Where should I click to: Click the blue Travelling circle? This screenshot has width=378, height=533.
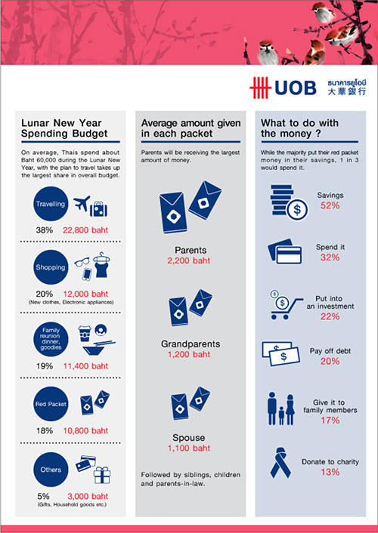pos(51,204)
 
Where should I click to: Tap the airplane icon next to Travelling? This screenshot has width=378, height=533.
pos(82,203)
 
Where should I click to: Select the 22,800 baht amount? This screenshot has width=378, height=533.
pos(85,230)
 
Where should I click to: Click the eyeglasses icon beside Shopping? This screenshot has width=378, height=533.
pos(82,262)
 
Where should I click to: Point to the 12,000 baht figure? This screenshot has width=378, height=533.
pos(85,294)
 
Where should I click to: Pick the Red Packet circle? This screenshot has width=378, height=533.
pos(51,404)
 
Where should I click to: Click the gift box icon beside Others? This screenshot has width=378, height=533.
pos(102,475)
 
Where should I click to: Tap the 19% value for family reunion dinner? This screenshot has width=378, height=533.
pos(45,366)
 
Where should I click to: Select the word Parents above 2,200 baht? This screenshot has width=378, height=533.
pos(191,250)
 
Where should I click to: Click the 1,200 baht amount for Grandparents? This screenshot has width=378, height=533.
pos(189,354)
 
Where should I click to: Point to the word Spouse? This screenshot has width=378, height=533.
pos(189,438)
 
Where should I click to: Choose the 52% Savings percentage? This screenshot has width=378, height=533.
pos(330,205)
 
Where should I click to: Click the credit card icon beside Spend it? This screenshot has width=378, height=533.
pos(285,251)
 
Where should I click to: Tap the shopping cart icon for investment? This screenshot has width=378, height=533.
pos(285,305)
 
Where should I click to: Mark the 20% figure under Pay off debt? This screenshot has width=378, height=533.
pos(330,361)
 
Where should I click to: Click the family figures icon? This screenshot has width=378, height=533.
pos(281,408)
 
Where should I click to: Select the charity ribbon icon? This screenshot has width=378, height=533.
pos(280,463)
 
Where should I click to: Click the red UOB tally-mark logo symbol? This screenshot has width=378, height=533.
pos(260,88)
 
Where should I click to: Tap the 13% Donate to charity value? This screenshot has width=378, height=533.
pos(330,472)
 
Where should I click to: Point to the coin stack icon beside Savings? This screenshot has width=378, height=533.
pos(289,202)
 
